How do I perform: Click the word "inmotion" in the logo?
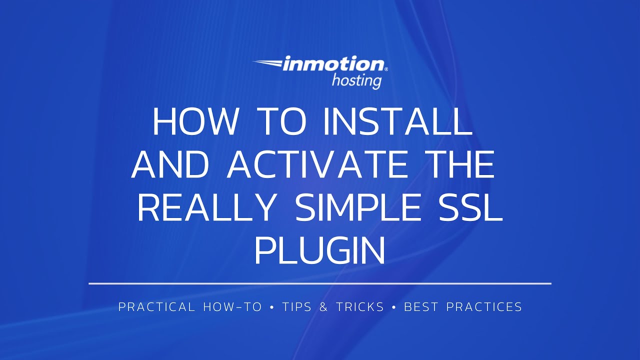(x=333, y=64)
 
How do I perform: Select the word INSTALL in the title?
(x=397, y=121)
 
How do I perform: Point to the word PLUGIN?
(x=320, y=251)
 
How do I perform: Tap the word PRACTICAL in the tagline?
(x=156, y=307)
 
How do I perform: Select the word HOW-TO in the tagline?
(x=232, y=307)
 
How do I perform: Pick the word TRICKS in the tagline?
(x=360, y=307)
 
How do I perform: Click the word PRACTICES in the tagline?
(x=484, y=307)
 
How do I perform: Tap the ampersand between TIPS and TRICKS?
(x=323, y=307)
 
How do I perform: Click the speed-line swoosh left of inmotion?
(x=267, y=63)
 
